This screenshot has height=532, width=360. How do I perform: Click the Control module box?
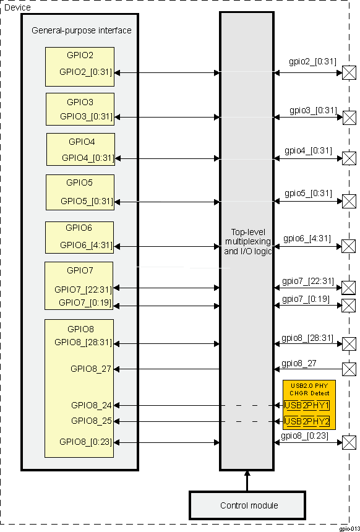249,505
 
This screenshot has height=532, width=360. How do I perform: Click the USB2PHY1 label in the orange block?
307,406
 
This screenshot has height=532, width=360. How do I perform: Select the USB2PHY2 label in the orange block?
307,421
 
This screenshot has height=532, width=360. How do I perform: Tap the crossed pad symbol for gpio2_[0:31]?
349,74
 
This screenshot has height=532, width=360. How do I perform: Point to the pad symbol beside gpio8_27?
349,369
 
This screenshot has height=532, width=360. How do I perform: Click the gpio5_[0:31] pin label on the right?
308,193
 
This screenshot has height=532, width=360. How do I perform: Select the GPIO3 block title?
80,102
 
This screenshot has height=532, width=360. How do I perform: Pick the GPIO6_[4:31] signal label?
86,245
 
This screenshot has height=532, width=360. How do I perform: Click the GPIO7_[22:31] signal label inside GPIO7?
83,289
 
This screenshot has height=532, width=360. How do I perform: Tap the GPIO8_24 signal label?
92,406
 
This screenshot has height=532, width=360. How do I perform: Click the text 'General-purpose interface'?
81,30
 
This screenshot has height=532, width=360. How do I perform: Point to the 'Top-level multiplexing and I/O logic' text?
247,241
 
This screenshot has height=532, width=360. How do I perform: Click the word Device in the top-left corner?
17,7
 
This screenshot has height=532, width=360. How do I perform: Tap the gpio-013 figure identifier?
349,528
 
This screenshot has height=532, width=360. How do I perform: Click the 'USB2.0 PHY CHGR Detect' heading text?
309,389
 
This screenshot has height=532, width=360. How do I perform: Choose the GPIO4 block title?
81,140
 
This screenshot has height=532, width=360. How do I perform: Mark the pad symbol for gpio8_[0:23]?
349,442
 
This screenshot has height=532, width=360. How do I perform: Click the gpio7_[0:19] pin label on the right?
306,299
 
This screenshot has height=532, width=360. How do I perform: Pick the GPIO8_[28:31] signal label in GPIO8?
82,341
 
